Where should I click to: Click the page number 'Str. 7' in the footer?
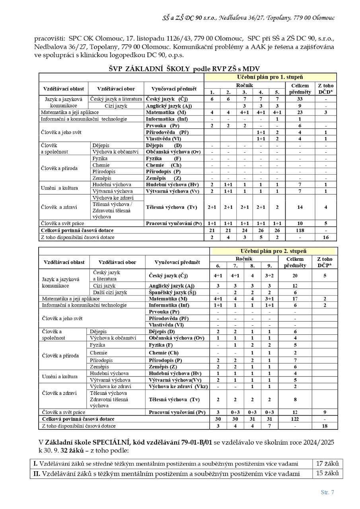[327, 492]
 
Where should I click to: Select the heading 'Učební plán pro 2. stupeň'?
[273, 251]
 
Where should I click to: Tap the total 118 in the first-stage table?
[300, 230]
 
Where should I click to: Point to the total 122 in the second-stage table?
[295, 419]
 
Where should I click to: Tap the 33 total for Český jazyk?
[300, 99]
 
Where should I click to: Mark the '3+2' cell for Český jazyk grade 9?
[269, 276]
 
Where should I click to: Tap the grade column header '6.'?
[218, 266]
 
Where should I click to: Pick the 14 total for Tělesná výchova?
[300, 207]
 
